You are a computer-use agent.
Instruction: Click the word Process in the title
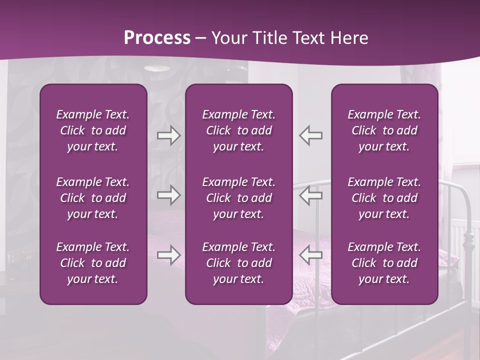coord(157,38)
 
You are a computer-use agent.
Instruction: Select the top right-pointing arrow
coord(169,135)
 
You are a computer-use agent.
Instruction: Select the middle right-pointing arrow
coord(169,195)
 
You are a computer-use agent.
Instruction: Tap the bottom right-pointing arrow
coord(169,255)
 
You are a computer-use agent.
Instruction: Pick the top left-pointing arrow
coord(310,135)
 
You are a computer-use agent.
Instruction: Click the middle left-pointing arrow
coord(310,195)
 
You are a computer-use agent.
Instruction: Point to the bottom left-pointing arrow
coord(310,255)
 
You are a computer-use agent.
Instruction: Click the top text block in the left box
coord(93,130)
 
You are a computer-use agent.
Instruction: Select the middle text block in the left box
coord(93,198)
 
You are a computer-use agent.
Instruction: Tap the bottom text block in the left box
coord(93,263)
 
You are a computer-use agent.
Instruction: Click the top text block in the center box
coord(238,130)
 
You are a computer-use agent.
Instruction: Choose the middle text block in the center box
coord(238,198)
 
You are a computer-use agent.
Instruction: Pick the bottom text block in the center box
coord(238,263)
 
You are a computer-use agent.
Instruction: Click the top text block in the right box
coord(384,130)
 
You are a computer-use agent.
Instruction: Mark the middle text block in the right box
coord(384,198)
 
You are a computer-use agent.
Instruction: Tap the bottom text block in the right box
coord(384,263)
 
